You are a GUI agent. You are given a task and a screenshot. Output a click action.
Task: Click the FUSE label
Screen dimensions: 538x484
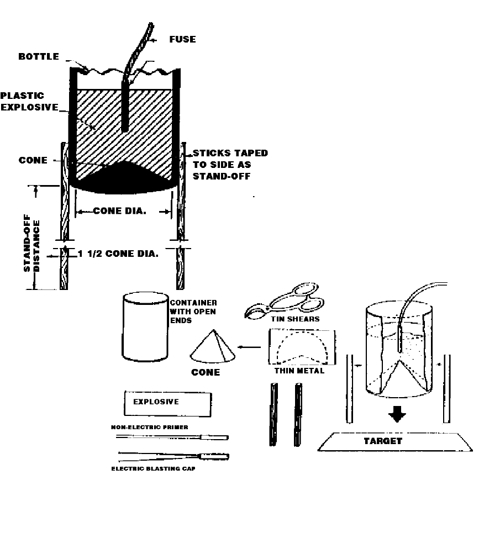coord(182,39)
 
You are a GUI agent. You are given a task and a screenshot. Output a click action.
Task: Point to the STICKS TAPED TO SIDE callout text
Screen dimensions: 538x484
coord(229,165)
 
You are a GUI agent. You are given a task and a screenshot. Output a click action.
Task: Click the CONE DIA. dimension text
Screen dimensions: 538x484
coord(119,210)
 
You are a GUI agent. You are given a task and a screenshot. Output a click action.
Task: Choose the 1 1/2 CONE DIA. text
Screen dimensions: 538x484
coord(118,254)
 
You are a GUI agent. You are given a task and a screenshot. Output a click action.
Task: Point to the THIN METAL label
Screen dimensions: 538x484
coord(299,370)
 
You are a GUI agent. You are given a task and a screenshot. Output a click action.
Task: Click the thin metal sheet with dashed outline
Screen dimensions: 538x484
coord(302,347)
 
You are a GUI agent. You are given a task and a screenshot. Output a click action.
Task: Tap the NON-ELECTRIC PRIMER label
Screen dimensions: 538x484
coord(149,427)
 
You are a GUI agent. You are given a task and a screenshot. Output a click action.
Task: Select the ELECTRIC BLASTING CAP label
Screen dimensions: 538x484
coord(153,468)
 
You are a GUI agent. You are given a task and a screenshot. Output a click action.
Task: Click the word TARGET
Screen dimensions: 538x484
coord(382,441)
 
